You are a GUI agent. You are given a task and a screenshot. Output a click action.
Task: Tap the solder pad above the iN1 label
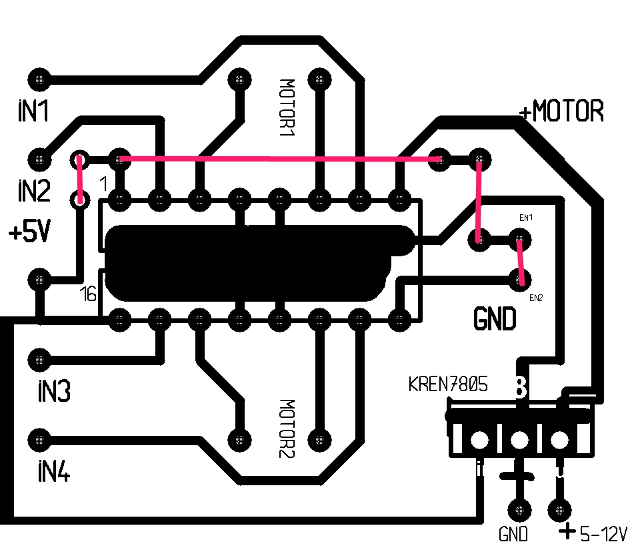coord(40,79)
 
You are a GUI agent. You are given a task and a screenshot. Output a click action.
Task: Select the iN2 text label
coord(33,192)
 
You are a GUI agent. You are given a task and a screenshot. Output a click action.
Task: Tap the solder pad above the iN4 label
coord(40,440)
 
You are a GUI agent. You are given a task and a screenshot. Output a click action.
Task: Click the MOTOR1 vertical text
coord(287,107)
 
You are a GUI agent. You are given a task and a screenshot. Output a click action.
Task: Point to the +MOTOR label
coord(561,111)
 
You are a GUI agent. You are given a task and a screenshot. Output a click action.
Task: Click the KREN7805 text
coord(448,384)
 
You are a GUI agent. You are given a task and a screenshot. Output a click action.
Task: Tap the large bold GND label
coord(495,320)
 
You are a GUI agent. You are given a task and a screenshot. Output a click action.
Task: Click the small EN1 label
coord(526,218)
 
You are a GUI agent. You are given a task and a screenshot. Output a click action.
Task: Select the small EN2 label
coord(536,298)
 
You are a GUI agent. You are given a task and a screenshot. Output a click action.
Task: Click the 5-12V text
coord(603,533)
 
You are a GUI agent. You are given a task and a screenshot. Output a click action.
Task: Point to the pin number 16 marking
coord(88,293)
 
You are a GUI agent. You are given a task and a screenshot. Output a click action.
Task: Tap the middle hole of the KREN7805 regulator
coord(519,440)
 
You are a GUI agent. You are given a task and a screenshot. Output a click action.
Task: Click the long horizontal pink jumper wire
coord(280,160)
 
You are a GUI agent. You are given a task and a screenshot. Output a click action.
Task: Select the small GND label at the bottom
coord(513,535)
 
